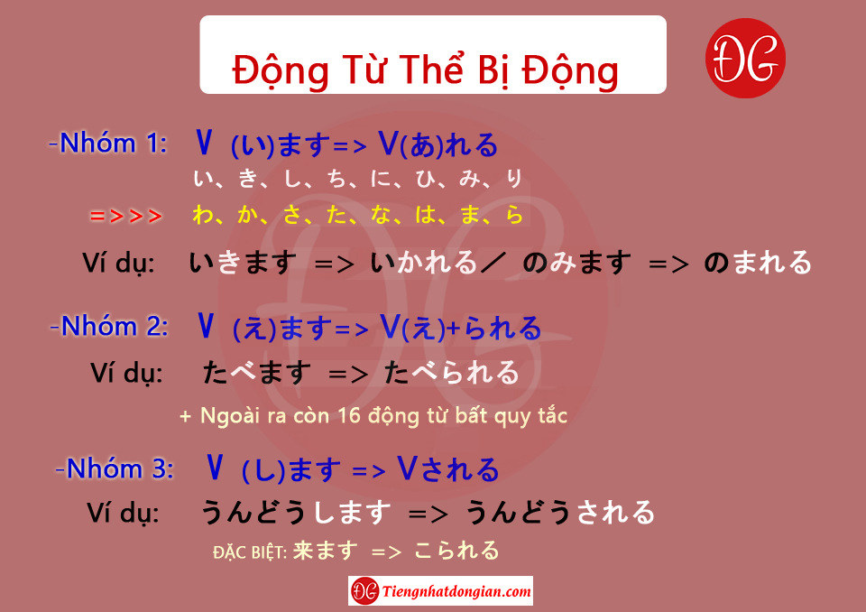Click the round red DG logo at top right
point(745,58)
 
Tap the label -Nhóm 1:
point(108,144)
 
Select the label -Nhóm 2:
point(109,326)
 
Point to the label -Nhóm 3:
point(115,468)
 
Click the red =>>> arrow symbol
point(126,216)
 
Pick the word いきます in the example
point(243,263)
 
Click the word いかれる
point(424,263)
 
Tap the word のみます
point(576,263)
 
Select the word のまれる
point(758,263)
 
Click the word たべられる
point(452,373)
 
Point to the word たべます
point(257,373)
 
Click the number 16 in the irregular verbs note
point(349,415)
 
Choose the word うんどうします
point(296,512)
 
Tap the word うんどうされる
point(560,512)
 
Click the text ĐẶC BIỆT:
point(250,552)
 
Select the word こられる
point(456,551)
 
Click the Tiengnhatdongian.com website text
point(456,591)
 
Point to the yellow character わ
point(203,215)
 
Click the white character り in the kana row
point(513,178)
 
